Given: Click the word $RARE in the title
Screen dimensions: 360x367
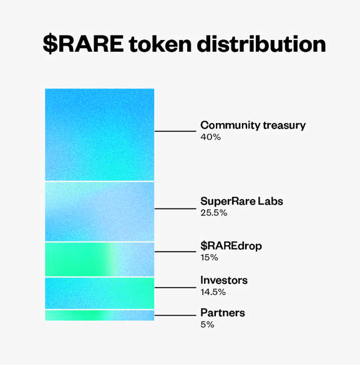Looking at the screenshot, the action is point(83,44).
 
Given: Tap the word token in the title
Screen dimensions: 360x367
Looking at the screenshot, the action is point(160,44).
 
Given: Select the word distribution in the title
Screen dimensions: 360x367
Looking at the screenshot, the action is point(261,44).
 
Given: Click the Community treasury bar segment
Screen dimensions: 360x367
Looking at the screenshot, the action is point(100,135).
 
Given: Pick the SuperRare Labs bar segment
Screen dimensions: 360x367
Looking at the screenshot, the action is point(100,212).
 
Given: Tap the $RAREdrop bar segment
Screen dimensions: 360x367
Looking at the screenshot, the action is point(100,260).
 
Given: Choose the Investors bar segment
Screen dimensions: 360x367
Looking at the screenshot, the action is point(100,293).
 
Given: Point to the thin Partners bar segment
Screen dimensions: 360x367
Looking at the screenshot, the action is point(100,315).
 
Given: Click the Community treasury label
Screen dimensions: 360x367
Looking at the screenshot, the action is point(253,125).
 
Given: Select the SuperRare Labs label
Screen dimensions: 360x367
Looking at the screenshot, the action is point(241,201).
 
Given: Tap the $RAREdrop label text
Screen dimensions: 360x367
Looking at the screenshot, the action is point(231,246).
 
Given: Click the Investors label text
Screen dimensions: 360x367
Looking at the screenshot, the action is point(224,280).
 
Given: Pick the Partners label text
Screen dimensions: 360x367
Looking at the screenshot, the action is point(223,313).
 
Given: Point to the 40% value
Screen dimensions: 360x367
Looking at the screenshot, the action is point(210,137).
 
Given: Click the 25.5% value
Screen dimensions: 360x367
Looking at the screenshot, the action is point(214,213).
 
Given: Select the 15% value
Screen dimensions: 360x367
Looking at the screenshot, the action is point(209,257).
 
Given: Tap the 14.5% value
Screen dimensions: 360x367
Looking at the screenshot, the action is point(213,292).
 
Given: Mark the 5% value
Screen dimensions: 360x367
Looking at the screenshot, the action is point(207,325).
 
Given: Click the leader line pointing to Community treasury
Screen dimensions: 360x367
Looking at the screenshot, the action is point(175,131).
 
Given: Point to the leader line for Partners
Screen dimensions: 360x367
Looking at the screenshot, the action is point(175,315).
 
